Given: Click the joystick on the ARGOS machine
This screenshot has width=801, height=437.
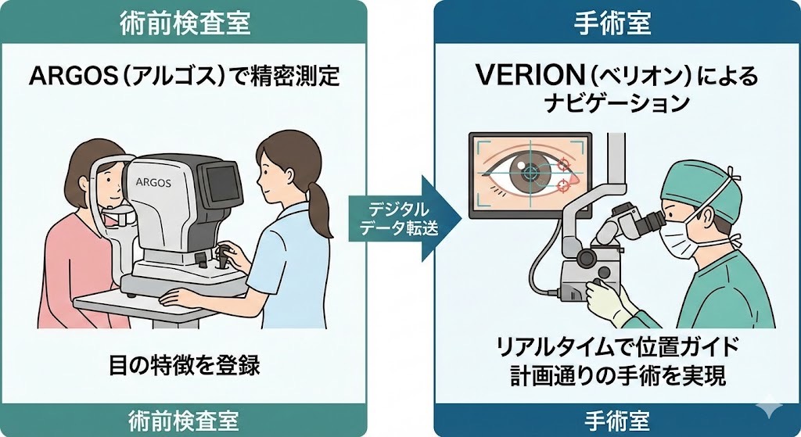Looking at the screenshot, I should pyautogui.click(x=224, y=254).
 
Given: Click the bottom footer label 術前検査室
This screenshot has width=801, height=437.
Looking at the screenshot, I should pyautogui.click(x=185, y=420).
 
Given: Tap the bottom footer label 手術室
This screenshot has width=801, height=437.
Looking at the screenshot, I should pyautogui.click(x=612, y=420).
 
